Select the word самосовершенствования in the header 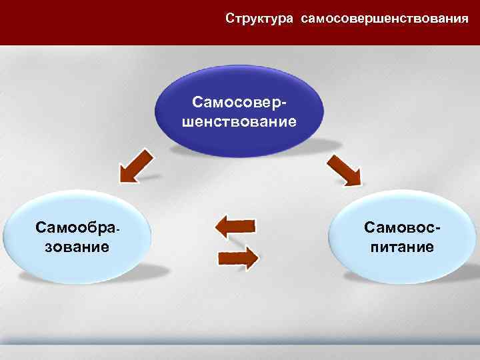coord(385,17)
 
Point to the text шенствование coord(241,122)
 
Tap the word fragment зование coord(73,247)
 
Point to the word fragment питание coord(399,247)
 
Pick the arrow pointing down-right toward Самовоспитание coord(343,170)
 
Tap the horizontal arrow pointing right coord(238,257)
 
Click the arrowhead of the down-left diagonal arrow coord(127,175)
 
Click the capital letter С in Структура coord(230,17)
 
